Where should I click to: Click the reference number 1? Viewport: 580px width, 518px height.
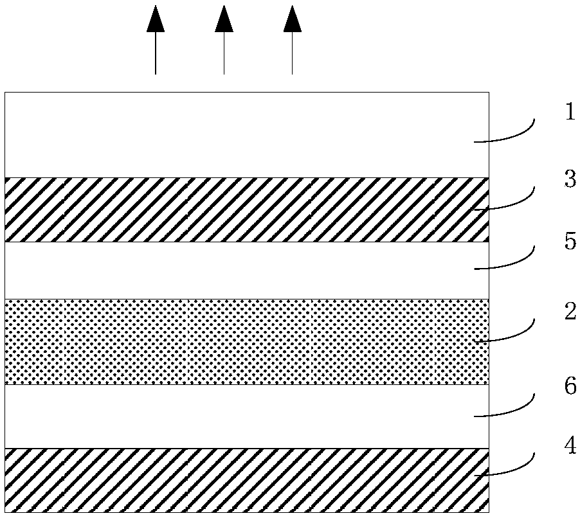pyautogui.click(x=569, y=112)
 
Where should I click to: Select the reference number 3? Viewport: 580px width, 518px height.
pyautogui.click(x=570, y=179)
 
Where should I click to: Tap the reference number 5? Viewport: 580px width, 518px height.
pyautogui.click(x=570, y=242)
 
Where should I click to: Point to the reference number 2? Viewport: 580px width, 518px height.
pyautogui.click(x=570, y=312)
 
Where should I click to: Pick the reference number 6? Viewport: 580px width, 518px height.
pyautogui.click(x=570, y=388)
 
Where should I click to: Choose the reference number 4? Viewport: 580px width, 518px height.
pyautogui.click(x=570, y=446)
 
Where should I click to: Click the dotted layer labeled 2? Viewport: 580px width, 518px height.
pyautogui.click(x=244, y=342)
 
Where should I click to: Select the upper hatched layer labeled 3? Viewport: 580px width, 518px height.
pyautogui.click(x=244, y=210)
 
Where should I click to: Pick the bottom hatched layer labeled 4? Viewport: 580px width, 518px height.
pyautogui.click(x=244, y=480)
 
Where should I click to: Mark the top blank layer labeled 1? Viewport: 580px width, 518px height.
pyautogui.click(x=244, y=135)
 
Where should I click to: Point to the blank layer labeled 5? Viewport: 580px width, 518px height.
pyautogui.click(x=244, y=271)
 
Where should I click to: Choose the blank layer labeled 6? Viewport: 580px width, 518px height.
pyautogui.click(x=244, y=416)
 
